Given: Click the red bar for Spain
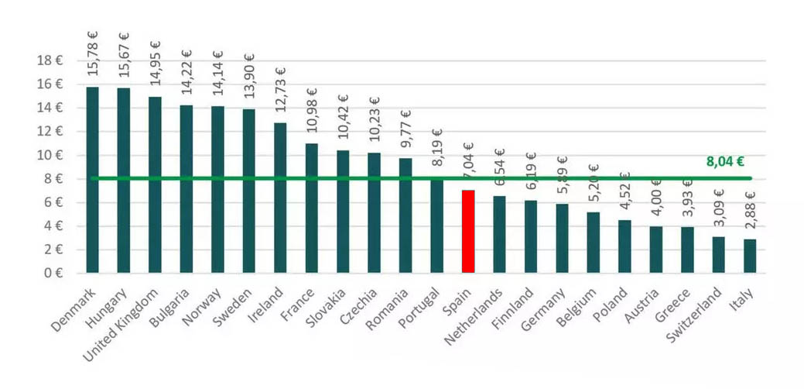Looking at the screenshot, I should pos(468,231).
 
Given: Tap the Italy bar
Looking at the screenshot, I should pos(750,256).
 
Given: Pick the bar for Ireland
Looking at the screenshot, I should pos(280,198).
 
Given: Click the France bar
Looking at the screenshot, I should pos(312,208).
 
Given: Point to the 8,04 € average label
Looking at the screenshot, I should pos(725,162).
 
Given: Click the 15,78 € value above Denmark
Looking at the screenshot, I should pos(93,54).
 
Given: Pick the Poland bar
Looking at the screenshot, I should pos(624,246).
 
